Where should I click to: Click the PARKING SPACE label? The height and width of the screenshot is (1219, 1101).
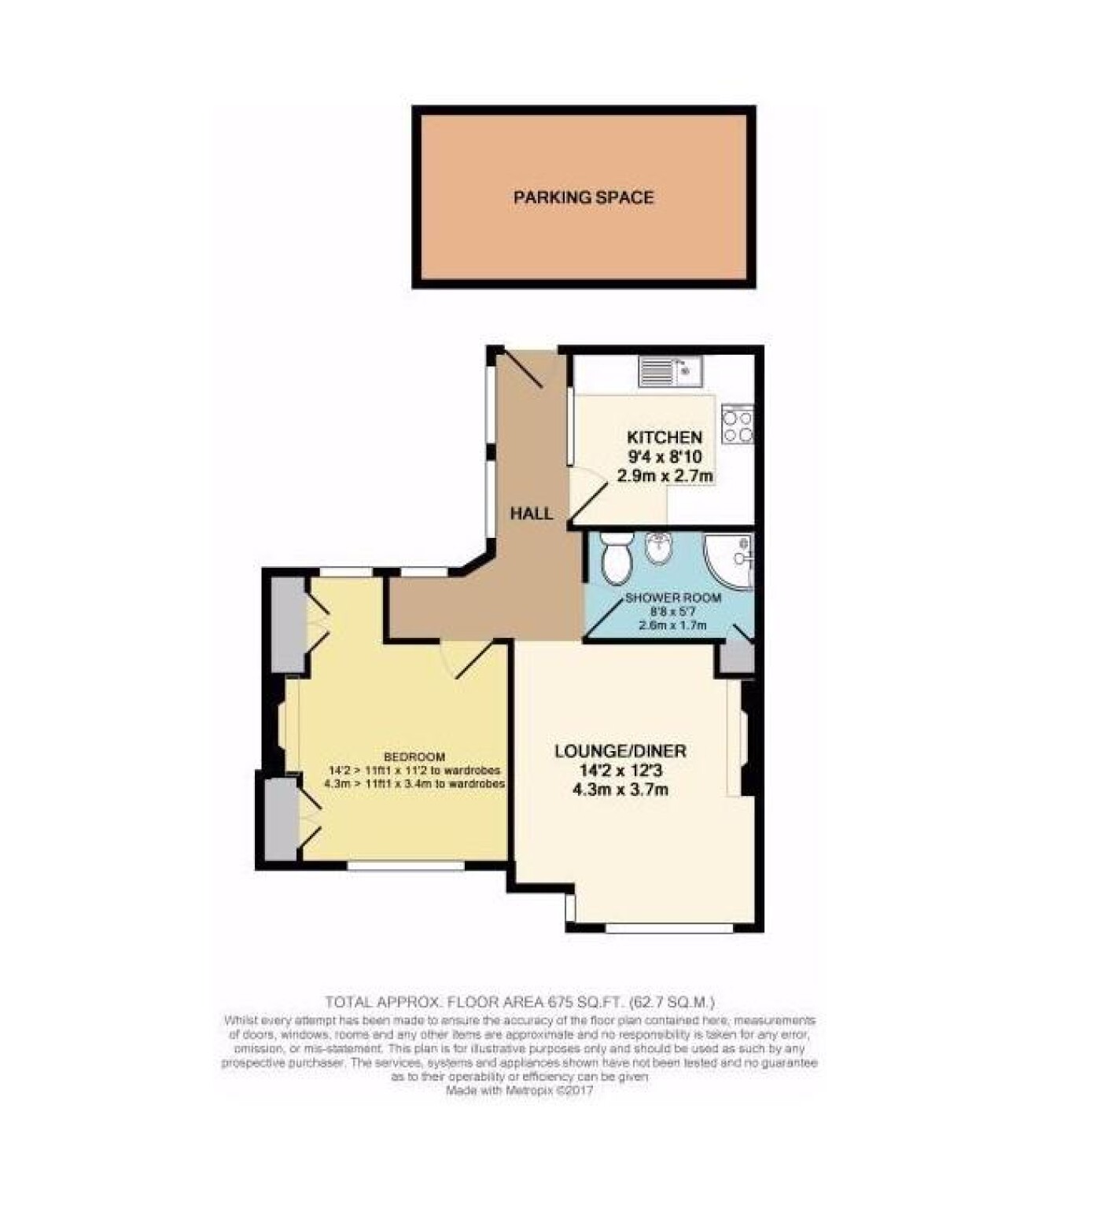[x=584, y=197]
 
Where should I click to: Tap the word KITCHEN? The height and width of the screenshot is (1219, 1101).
[x=665, y=437]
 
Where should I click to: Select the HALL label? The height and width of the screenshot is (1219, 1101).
[x=532, y=514]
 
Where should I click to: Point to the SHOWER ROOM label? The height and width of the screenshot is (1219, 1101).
[x=673, y=598]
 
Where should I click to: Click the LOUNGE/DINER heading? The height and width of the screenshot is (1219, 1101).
[x=620, y=751]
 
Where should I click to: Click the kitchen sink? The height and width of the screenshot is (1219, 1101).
[x=670, y=371]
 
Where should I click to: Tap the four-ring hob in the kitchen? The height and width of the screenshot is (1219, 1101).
[x=738, y=424]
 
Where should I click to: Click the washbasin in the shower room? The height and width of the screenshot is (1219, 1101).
[x=658, y=547]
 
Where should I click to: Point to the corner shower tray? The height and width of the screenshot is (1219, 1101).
[x=729, y=560]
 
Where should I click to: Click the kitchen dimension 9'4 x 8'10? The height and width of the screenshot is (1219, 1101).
[x=665, y=456]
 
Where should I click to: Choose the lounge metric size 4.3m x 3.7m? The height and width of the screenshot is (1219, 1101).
[x=621, y=789]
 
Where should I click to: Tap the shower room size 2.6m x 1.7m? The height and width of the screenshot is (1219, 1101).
[x=672, y=625]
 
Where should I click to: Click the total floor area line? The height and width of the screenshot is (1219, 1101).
[x=520, y=1002]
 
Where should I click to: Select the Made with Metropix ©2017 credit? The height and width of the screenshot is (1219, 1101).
[x=520, y=1092]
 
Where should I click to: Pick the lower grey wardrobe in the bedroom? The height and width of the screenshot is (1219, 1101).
[x=282, y=819]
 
